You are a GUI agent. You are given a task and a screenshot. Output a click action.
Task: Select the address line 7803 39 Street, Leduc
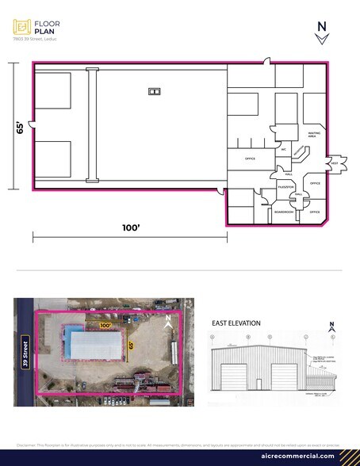[33, 39]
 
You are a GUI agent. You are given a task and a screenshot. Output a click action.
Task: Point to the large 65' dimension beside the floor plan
[18, 128]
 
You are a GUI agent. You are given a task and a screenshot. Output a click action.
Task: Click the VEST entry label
[334, 163]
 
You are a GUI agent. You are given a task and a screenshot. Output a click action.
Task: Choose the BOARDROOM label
[284, 212]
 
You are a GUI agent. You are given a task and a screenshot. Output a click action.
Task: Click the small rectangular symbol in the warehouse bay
[154, 92]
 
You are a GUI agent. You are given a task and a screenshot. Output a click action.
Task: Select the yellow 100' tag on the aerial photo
[105, 325]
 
